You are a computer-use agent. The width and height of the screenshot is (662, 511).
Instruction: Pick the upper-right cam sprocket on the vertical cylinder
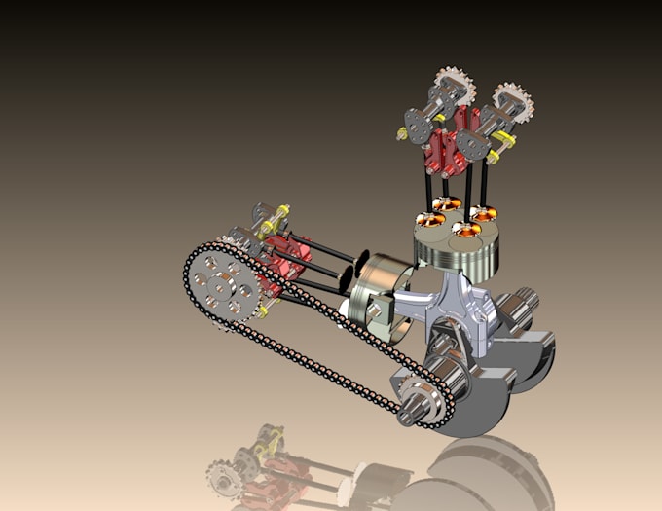click(x=510, y=102)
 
